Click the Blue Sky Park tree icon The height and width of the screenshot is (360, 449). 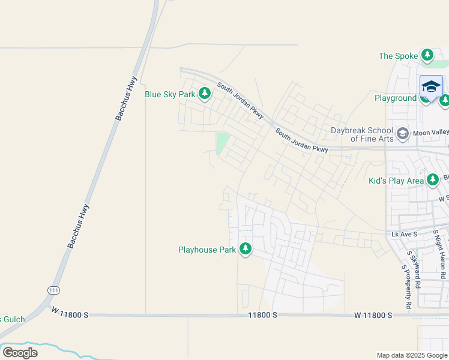[x=205, y=93]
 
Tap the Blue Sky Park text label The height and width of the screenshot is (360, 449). [x=170, y=94]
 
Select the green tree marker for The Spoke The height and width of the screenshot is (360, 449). [x=427, y=56]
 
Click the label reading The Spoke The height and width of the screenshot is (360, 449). [x=398, y=56]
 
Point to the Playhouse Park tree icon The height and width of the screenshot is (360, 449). [x=245, y=248]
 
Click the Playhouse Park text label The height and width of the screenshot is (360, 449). [x=207, y=250]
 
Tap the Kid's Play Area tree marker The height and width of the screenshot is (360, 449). [x=432, y=179]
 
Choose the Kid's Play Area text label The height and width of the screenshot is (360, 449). [x=396, y=180]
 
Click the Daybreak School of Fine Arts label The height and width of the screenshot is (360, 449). [x=362, y=134]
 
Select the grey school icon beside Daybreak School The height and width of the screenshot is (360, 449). [x=402, y=133]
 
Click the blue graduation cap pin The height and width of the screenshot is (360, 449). [x=431, y=87]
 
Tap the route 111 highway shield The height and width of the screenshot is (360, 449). [x=53, y=289]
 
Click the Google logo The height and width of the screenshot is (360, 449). [x=20, y=353]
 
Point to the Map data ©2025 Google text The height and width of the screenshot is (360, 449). [x=412, y=355]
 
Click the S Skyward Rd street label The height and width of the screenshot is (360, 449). [x=414, y=269]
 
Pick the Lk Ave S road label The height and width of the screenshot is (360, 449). [x=403, y=233]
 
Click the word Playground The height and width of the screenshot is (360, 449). [x=396, y=98]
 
